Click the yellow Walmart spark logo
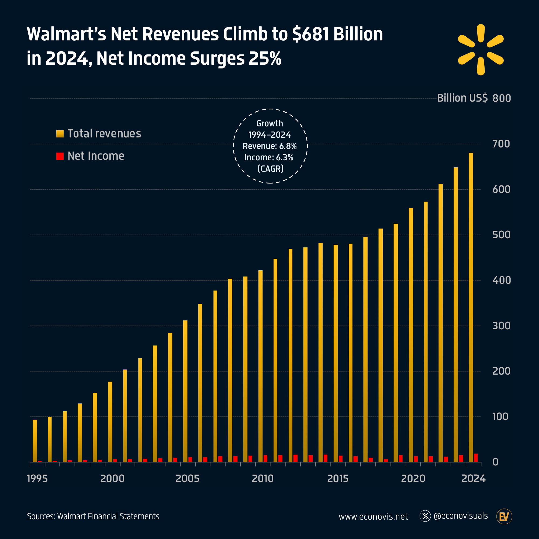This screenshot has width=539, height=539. pyautogui.click(x=481, y=50)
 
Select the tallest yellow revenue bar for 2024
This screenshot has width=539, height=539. pyautogui.click(x=471, y=307)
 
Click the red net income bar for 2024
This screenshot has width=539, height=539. pyautogui.click(x=476, y=458)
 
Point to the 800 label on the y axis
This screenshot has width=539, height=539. pyautogui.click(x=501, y=98)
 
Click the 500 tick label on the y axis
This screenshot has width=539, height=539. pyautogui.click(x=501, y=235)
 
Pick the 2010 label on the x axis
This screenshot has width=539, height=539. pyautogui.click(x=262, y=479)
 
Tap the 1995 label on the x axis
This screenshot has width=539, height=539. pyautogui.click(x=37, y=479)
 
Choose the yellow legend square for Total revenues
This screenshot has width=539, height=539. pyautogui.click(x=60, y=134)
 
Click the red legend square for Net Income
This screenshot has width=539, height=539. pyautogui.click(x=60, y=156)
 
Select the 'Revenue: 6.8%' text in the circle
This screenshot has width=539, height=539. pyautogui.click(x=269, y=146)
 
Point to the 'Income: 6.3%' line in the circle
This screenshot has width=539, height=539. pyautogui.click(x=269, y=158)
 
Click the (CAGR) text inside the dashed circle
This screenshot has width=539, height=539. pyautogui.click(x=270, y=169)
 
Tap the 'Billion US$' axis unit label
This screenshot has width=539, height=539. pyautogui.click(x=462, y=98)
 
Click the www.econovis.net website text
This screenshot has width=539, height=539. pyautogui.click(x=373, y=516)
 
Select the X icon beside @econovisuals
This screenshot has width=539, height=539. pyautogui.click(x=425, y=516)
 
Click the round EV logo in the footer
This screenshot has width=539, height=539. pyautogui.click(x=504, y=517)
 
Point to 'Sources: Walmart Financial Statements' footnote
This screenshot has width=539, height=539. pyautogui.click(x=93, y=516)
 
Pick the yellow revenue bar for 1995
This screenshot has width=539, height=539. pyautogui.click(x=35, y=441)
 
